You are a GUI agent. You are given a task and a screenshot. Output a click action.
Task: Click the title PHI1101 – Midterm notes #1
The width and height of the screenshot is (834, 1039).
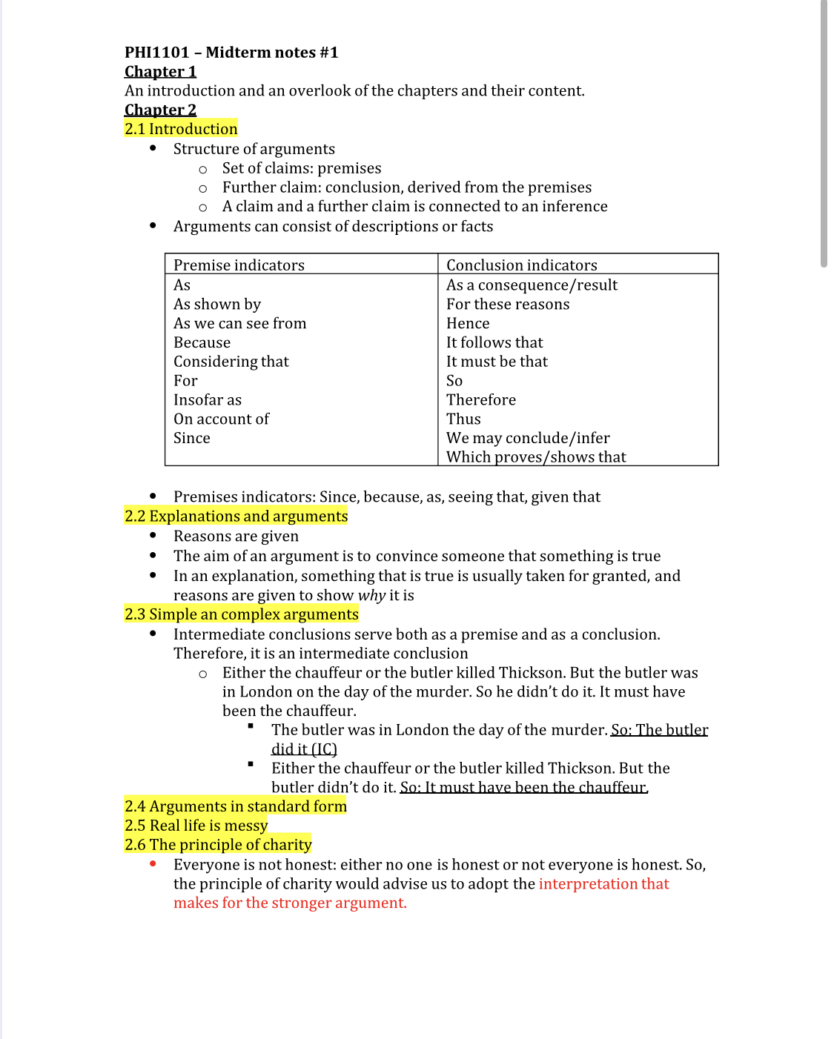point(231,53)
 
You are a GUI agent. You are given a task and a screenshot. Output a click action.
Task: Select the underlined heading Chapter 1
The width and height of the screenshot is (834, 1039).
point(160,72)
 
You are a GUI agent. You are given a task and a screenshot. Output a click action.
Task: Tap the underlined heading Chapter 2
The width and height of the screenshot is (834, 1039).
point(160,110)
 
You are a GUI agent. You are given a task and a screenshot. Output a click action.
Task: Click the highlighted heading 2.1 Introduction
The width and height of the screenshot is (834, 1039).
point(181,129)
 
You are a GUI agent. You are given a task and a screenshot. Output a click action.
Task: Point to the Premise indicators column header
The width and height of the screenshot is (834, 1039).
point(239,265)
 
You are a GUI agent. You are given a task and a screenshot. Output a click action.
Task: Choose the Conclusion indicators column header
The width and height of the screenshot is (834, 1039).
point(521,265)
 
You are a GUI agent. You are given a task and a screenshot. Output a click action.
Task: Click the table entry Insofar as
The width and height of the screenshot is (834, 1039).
point(208,400)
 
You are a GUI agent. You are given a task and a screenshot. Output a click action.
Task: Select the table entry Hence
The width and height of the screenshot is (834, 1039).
point(468,324)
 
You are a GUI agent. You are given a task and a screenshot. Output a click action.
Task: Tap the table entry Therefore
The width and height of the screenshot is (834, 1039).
point(481,400)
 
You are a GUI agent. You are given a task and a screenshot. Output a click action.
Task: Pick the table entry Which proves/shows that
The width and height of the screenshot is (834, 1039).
point(536,457)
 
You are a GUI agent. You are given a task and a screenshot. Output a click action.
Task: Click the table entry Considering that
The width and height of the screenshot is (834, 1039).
point(231,362)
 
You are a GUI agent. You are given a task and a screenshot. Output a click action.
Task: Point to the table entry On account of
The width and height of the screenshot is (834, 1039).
point(221,419)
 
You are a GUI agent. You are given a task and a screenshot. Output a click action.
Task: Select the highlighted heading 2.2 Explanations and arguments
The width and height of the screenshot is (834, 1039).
point(236,517)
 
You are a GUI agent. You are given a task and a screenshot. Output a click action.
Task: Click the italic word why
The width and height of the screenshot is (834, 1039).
point(372,596)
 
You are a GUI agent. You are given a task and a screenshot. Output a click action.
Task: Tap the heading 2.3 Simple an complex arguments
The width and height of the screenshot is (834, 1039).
point(241,614)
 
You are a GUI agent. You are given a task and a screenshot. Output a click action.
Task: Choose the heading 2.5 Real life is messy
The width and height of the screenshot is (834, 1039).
point(196,826)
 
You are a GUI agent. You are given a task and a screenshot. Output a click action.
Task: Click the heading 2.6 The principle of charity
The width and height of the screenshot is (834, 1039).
point(218,845)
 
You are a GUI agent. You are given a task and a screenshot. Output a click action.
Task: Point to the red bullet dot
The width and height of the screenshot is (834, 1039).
point(153,864)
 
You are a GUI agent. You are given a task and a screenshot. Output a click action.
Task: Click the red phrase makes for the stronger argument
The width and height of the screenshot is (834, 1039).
point(290,903)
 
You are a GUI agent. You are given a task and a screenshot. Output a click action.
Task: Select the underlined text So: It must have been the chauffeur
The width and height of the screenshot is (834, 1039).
point(524,788)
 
